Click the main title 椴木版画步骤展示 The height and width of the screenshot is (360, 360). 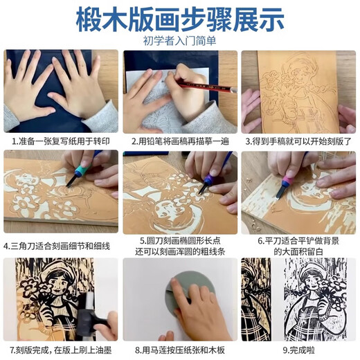[x=179, y=17]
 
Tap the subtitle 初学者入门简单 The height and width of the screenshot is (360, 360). [x=179, y=40]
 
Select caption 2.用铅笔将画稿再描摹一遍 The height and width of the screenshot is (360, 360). [x=180, y=141]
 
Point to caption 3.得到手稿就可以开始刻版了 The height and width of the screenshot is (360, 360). [x=300, y=141]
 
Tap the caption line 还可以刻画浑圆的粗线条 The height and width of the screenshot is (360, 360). [x=180, y=250]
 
